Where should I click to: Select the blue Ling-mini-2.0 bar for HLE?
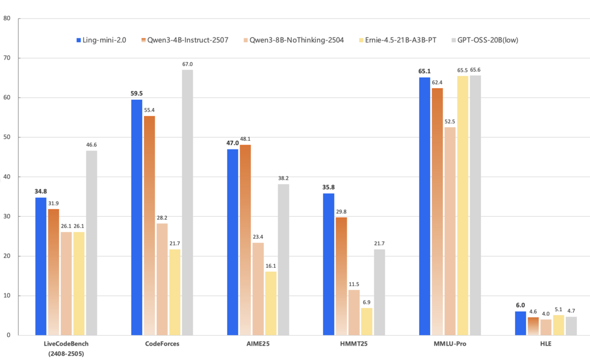(x=520, y=323)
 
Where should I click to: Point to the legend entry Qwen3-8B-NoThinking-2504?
(x=296, y=40)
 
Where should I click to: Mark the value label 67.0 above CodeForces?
(x=187, y=64)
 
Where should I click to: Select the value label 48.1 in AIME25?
(x=246, y=139)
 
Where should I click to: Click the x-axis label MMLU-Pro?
(x=450, y=344)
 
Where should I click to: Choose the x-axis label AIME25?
(x=258, y=344)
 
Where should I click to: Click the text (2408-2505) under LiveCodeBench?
(x=66, y=354)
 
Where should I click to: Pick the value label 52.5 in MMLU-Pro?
(x=450, y=122)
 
